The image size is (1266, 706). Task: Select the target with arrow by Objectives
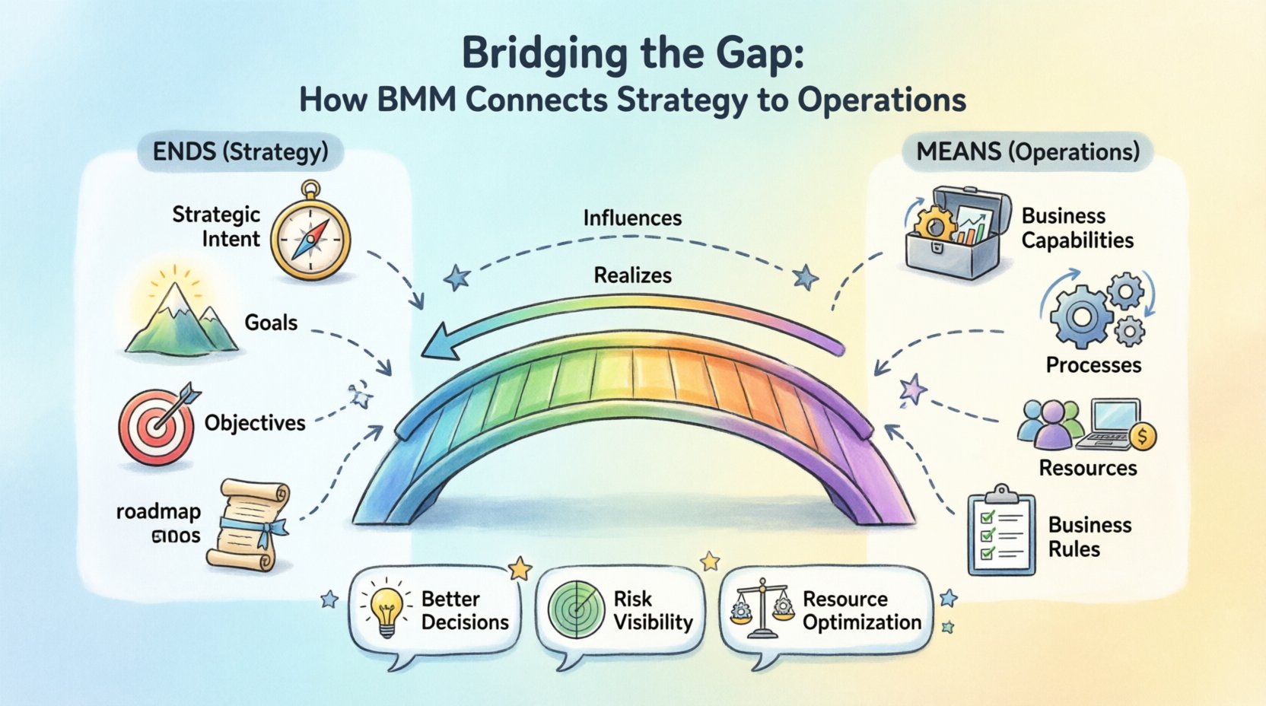[157, 426]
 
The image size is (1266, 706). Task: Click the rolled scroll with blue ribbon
[250, 526]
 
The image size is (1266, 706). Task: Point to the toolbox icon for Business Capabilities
[956, 231]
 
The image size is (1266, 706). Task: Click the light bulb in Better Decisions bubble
[386, 609]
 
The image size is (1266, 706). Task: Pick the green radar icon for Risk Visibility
[576, 609]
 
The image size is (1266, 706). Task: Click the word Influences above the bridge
[632, 218]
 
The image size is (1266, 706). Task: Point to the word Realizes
[632, 275]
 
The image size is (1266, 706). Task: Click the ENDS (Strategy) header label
[240, 151]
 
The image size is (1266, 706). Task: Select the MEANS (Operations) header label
[1028, 151]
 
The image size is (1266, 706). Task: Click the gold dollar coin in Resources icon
[1143, 437]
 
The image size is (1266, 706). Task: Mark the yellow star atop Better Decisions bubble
[520, 568]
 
